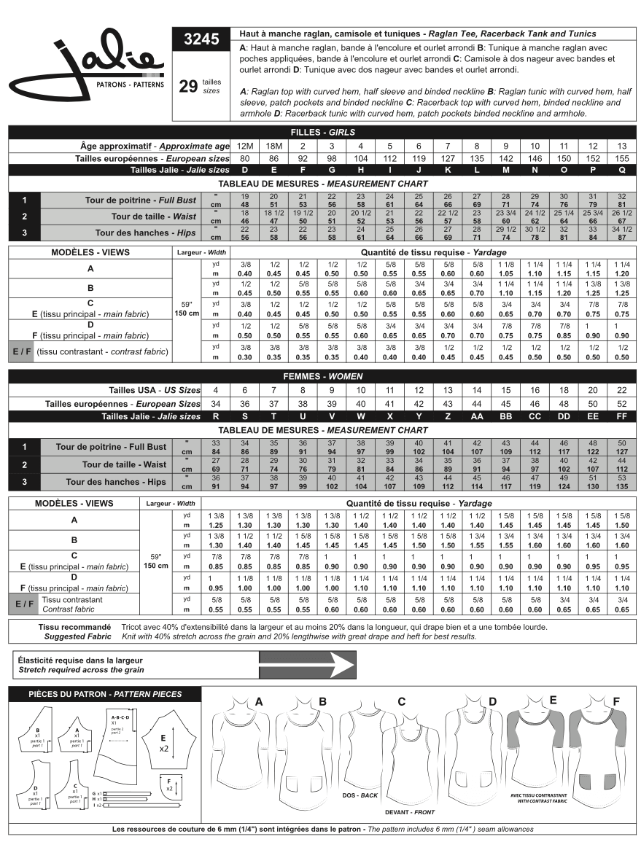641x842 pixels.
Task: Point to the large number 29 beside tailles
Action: point(188,87)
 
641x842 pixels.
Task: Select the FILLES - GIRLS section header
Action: point(321,132)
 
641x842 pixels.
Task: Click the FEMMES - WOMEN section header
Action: point(321,377)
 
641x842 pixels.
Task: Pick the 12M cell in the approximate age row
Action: point(245,146)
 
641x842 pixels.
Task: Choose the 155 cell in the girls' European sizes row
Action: point(621,158)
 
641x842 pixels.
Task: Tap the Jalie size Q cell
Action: point(621,170)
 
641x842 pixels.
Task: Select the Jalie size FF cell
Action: point(621,416)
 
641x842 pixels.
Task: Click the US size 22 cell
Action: point(621,391)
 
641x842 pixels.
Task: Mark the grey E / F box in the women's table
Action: point(22,604)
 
